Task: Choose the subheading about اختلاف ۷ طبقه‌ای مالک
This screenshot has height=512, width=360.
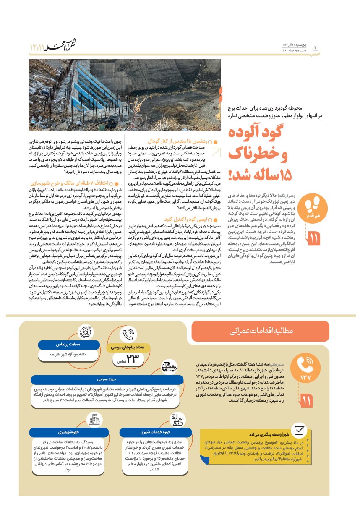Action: [76, 183]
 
